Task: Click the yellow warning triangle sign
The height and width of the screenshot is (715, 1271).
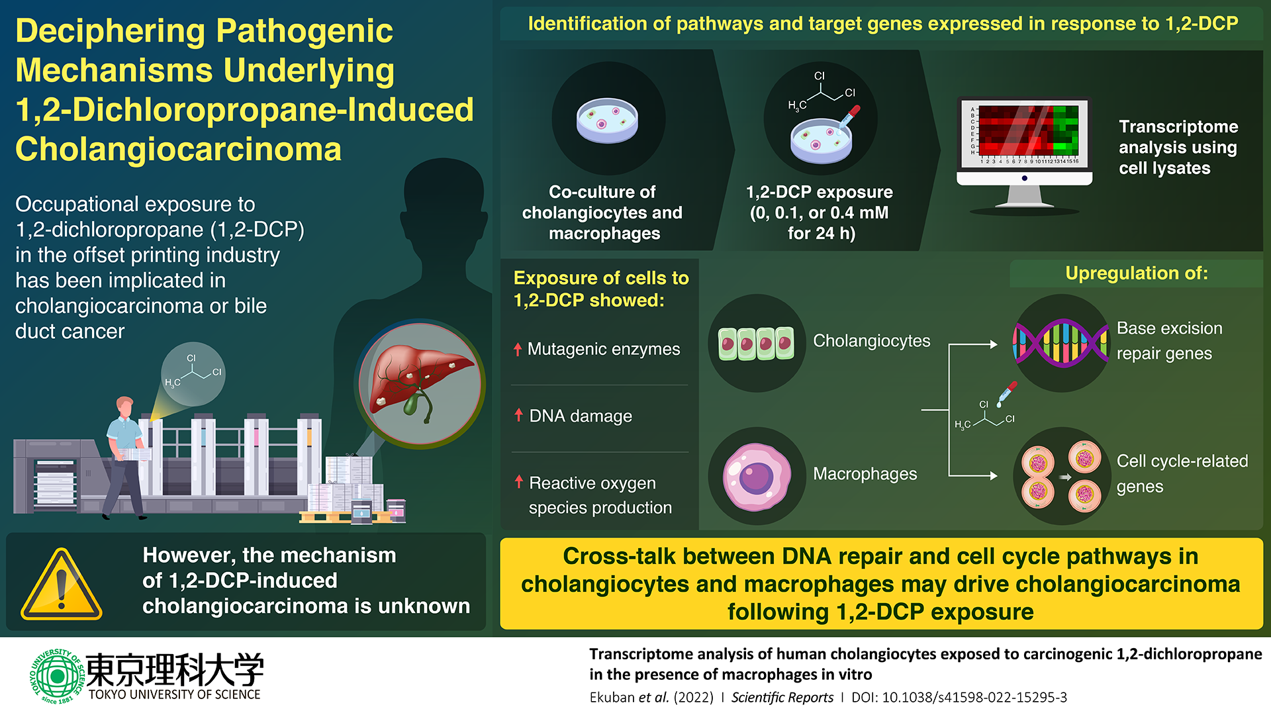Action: click(x=62, y=585)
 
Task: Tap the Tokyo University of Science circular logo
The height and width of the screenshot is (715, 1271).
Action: click(x=57, y=676)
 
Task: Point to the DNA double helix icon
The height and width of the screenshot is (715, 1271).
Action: click(x=1060, y=343)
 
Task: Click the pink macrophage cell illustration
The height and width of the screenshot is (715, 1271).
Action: click(x=757, y=476)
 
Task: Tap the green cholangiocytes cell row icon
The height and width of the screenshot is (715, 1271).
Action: click(x=757, y=343)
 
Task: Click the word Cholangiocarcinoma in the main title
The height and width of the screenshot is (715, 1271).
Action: click(x=178, y=149)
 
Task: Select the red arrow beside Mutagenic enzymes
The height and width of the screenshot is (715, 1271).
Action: click(x=518, y=349)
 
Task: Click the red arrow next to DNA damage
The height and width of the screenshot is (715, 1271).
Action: click(x=519, y=415)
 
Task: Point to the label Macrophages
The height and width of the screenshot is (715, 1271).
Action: click(x=865, y=474)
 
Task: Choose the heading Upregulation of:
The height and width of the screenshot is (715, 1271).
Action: click(x=1136, y=273)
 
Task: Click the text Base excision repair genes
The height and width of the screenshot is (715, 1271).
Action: click(x=1169, y=340)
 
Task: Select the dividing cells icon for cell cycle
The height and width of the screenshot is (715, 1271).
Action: click(x=1061, y=476)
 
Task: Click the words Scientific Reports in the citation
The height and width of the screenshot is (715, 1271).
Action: click(x=782, y=697)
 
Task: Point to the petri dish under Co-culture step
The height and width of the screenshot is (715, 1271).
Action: click(x=607, y=120)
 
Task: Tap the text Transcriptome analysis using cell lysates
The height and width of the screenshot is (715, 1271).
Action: click(x=1178, y=147)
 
